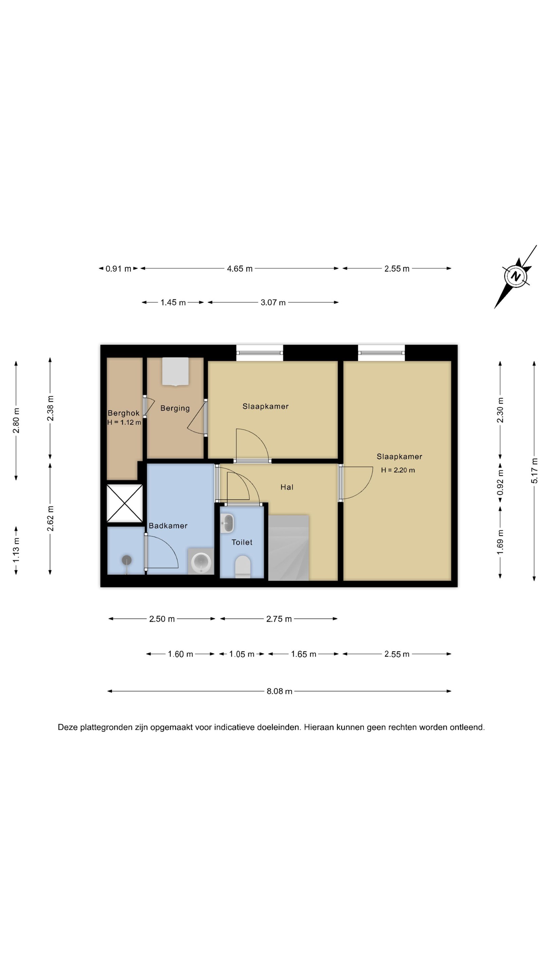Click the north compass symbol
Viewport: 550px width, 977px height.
515,276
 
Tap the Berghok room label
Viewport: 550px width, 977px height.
123,413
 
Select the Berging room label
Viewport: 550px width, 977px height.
175,408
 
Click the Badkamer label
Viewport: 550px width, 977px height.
168,526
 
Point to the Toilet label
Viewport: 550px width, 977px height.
242,542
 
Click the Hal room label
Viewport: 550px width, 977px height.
287,487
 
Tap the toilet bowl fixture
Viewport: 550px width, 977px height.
243,566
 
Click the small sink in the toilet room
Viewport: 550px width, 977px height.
227,523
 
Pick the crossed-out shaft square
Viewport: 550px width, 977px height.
125,503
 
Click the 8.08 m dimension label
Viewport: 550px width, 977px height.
279,691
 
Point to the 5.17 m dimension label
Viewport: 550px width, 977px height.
534,471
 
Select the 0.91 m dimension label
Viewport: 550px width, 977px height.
118,269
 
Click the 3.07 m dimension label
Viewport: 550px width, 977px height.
273,302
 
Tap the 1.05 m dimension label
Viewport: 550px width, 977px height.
242,654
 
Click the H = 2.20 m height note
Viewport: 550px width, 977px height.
398,470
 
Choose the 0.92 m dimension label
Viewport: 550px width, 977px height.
500,482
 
